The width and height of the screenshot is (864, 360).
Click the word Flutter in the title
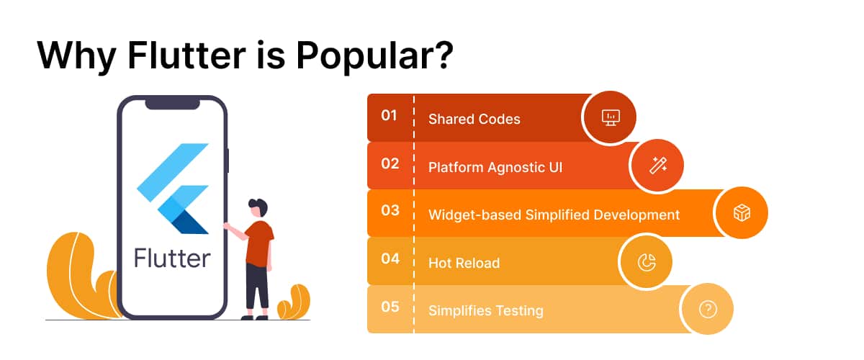coord(186,55)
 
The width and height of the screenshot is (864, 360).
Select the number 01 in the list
coord(389,115)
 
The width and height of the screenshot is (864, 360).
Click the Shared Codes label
coord(474,119)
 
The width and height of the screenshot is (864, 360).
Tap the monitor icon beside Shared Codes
coord(611,117)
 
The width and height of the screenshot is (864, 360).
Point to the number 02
coord(390,163)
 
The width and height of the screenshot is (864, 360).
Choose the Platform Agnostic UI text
coord(495,167)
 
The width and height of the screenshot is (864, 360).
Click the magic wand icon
coord(658,166)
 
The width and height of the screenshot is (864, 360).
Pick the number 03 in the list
coord(390,210)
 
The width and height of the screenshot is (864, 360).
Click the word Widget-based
coord(474,215)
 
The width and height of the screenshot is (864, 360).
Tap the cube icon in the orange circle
coord(742,212)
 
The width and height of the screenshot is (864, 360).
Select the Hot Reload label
coord(464,263)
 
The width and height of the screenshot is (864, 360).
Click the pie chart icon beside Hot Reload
coord(647,262)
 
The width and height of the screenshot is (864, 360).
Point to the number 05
coord(390,307)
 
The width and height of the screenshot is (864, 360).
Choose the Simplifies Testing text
coord(485,310)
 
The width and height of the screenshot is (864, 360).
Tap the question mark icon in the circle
coord(707,309)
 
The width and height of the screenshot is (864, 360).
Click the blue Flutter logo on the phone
coord(173,189)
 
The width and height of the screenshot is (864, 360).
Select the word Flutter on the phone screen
coord(172,258)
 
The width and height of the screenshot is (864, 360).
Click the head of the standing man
coord(258,208)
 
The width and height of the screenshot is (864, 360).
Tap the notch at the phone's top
coord(172,104)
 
